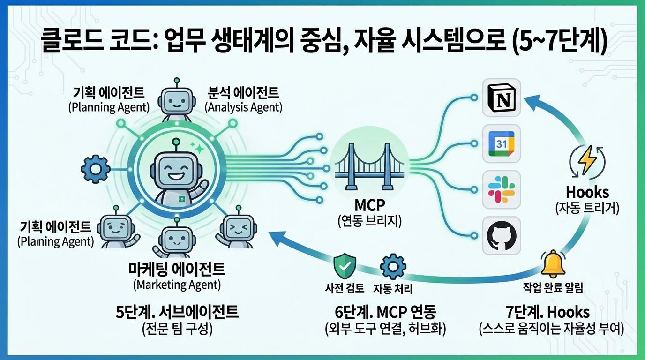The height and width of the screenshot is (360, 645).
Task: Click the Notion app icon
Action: coord(502,97)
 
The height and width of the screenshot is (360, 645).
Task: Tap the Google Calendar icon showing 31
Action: coord(502,144)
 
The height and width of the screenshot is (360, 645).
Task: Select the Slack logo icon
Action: coord(502,190)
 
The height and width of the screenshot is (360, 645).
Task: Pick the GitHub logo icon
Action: coord(502,236)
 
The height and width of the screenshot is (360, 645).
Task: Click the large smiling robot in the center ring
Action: coord(176,174)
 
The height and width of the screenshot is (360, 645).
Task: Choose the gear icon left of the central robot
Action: coord(96,169)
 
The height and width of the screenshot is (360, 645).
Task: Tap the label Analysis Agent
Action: coord(244,107)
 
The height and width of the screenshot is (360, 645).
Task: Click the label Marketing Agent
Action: coord(177,285)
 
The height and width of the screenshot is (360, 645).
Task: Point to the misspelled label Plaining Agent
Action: coord(55,242)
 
